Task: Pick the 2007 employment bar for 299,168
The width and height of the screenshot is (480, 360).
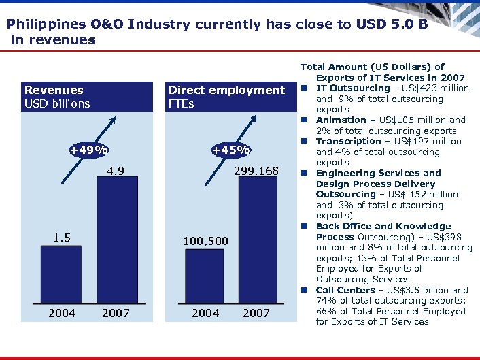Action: click(x=257, y=239)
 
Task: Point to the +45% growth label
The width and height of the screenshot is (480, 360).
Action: click(x=231, y=150)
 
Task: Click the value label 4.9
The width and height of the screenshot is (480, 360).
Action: click(x=115, y=171)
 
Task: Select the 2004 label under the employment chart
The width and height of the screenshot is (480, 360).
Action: click(x=205, y=312)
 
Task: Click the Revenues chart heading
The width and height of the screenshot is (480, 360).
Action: click(x=54, y=90)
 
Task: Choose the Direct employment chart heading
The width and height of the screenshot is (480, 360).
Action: click(x=226, y=90)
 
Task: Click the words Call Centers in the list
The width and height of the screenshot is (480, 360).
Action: click(x=345, y=290)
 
